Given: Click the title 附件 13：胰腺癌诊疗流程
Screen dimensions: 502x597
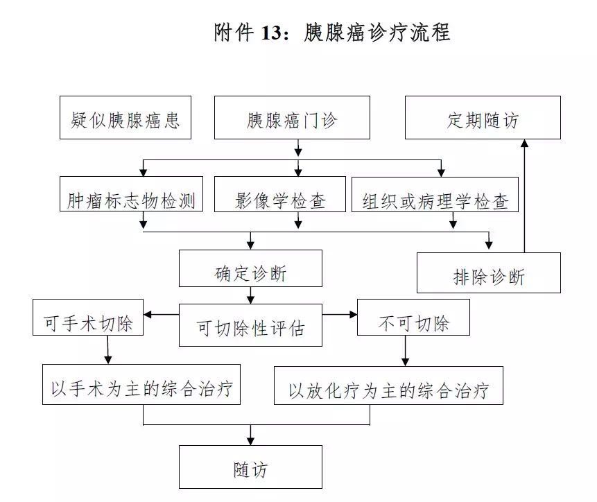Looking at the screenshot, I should (x=332, y=33).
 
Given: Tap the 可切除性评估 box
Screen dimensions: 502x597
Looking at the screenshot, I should (x=250, y=325).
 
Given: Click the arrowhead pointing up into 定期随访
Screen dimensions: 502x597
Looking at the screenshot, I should (x=524, y=144).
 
